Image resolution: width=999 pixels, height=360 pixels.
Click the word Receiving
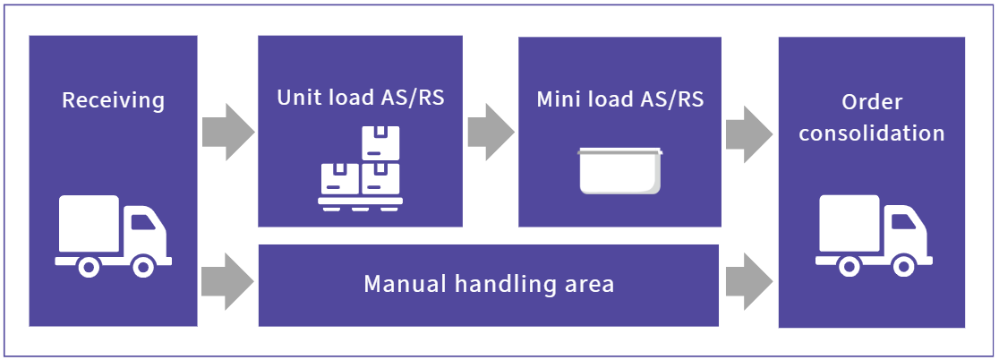coord(113,99)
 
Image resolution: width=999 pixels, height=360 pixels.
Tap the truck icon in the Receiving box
coord(113,236)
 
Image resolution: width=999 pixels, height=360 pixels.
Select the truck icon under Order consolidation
coord(873,236)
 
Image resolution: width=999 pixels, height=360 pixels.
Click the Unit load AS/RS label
coord(361,97)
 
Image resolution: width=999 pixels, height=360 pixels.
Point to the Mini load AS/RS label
coord(620,99)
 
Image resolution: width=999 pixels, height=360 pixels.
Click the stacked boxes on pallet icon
coord(361,169)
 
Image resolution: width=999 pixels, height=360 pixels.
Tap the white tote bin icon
coord(620,170)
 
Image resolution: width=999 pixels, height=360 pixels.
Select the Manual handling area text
coord(489,285)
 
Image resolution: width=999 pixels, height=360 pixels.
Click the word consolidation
coord(872,133)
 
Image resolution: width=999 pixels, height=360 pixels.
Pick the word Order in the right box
coord(872,102)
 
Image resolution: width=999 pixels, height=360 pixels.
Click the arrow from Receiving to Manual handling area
coord(227,282)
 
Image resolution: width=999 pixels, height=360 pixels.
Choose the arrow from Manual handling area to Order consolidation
coord(748,282)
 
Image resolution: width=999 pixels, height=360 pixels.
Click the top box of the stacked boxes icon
coord(380,142)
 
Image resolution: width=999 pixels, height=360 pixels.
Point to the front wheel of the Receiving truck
coord(142,266)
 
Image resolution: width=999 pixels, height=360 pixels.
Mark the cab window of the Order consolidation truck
coord(900,218)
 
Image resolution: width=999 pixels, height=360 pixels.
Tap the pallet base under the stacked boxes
coord(361,204)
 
